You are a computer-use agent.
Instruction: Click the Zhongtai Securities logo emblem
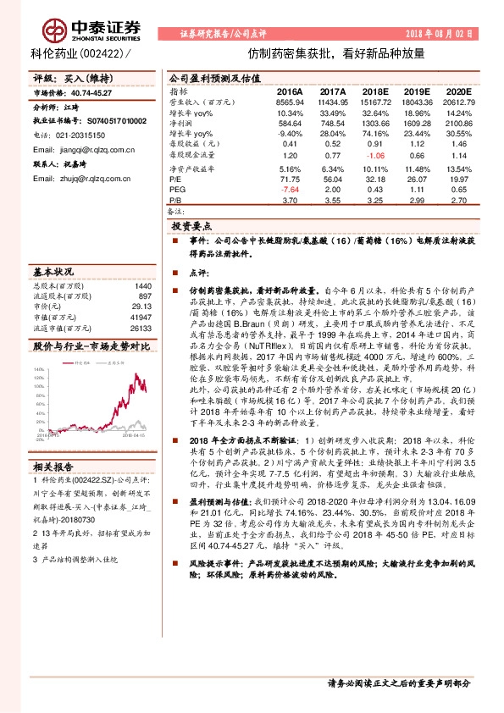pyautogui.click(x=57, y=32)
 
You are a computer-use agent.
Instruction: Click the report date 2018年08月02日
pyautogui.click(x=454, y=32)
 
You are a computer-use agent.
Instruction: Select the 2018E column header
pyautogui.click(x=376, y=91)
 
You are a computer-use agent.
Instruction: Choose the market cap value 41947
pyautogui.click(x=140, y=316)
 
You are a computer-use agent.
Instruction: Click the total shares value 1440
pyautogui.click(x=142, y=285)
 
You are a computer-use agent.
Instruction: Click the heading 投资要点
pyautogui.click(x=191, y=228)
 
